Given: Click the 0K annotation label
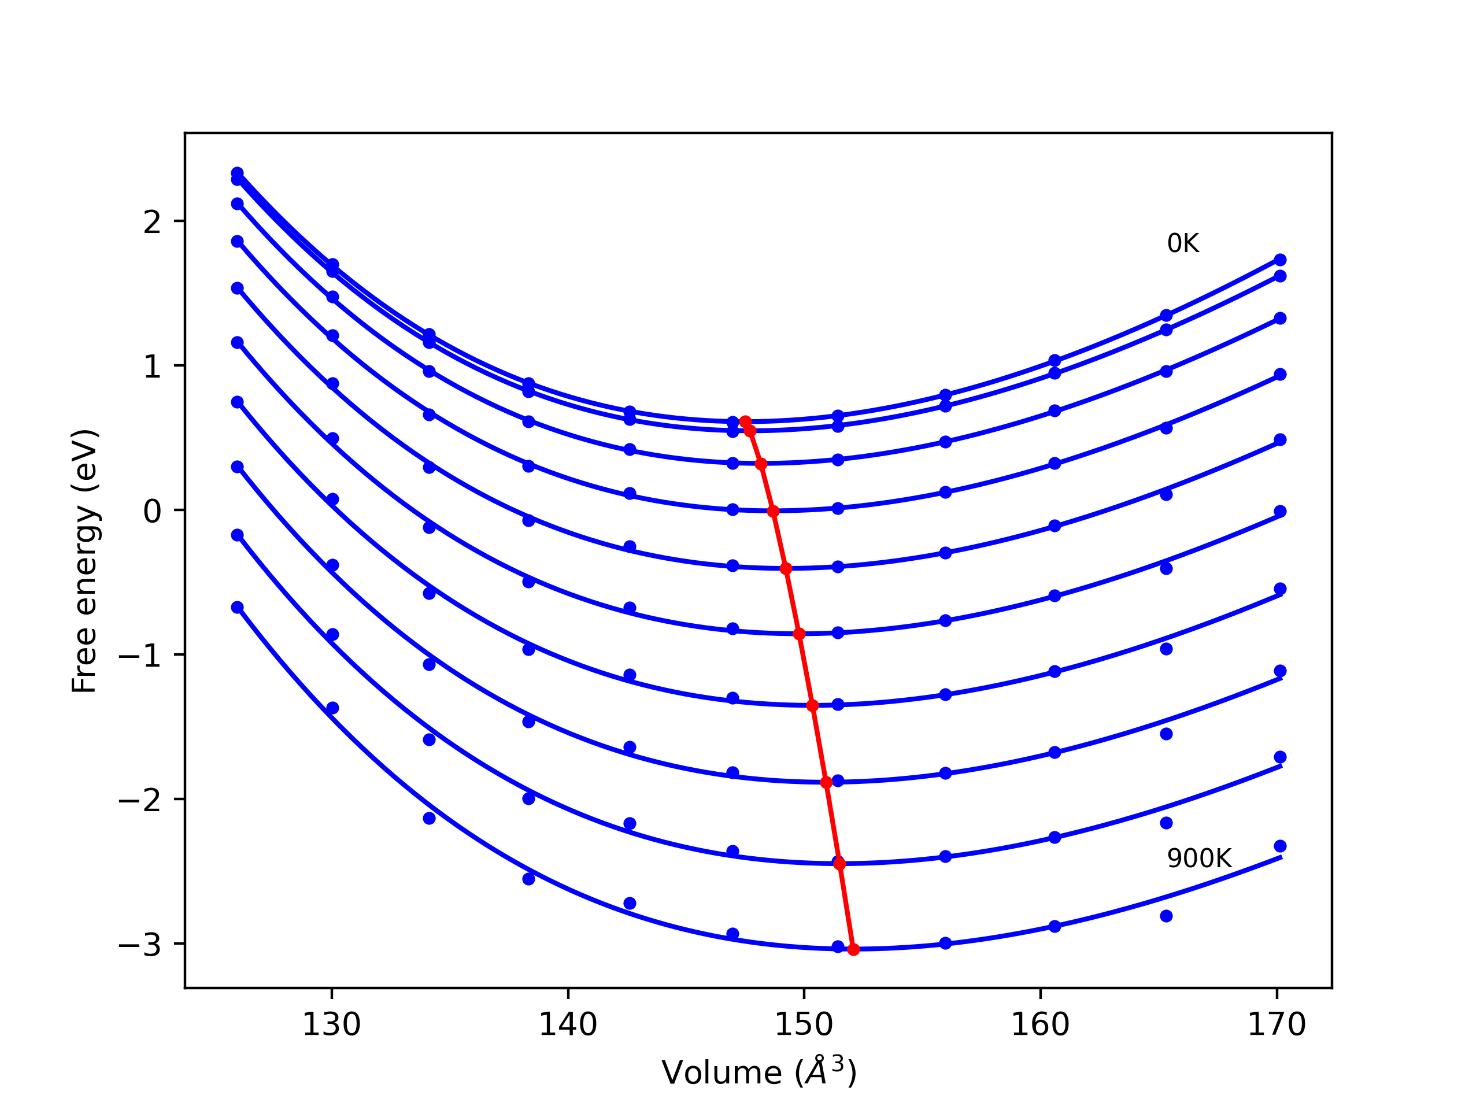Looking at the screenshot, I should [x=1183, y=243].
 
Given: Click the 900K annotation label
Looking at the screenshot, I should [x=1199, y=859].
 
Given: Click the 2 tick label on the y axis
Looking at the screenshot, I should [x=153, y=222].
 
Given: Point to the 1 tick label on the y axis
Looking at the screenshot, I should [x=153, y=367].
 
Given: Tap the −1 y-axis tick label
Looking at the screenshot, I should [x=140, y=656].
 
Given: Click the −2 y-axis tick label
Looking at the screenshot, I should [x=140, y=800].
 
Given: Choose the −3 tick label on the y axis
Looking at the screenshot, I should [x=140, y=945].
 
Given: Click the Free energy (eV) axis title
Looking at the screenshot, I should [x=86, y=561].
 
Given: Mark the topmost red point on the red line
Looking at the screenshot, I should [x=745, y=421].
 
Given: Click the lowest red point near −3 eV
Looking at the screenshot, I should [x=853, y=949].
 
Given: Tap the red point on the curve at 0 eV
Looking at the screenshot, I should [x=774, y=511].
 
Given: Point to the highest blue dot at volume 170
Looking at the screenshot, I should [x=1280, y=260].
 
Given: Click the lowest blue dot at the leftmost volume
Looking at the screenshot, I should [x=238, y=608].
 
